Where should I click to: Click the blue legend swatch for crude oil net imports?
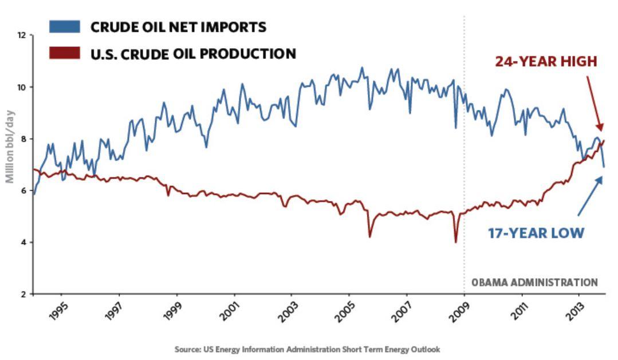coord(64,26)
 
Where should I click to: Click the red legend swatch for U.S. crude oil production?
coord(64,53)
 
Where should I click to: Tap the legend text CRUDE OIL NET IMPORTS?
coord(178,27)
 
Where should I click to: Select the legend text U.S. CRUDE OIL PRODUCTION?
coord(193,54)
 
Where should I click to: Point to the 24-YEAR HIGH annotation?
coord(546,61)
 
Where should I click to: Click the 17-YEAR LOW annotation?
coord(536,233)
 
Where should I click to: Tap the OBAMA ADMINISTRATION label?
coord(534,282)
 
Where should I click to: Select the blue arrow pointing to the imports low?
coord(590,196)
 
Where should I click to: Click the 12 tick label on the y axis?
coord(22,35)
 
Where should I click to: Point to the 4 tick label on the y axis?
coord(23,243)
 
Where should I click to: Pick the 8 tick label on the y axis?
coord(23,139)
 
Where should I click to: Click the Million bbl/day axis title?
coord(10,146)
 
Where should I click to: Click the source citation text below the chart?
coord(308,349)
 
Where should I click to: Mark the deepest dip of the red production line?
coord(456,241)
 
